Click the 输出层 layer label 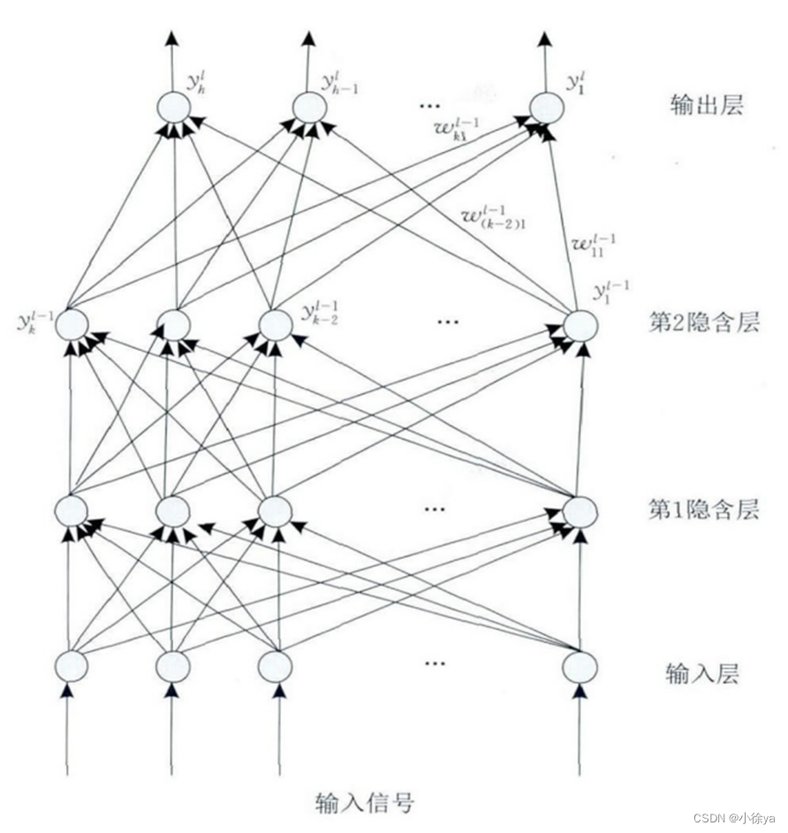pyautogui.click(x=707, y=105)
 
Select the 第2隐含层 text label pyautogui.click(x=704, y=322)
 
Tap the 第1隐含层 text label pyautogui.click(x=704, y=509)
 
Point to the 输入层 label pyautogui.click(x=701, y=674)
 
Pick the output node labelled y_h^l pyautogui.click(x=174, y=108)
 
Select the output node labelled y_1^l pyautogui.click(x=546, y=108)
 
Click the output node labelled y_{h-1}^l pyautogui.click(x=309, y=108)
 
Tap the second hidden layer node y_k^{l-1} pyautogui.click(x=72, y=324)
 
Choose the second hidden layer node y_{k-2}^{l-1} pyautogui.click(x=275, y=324)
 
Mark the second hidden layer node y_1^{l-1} pyautogui.click(x=580, y=324)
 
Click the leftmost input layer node pyautogui.click(x=72, y=665)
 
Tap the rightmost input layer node pyautogui.click(x=580, y=665)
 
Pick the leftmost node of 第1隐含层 pyautogui.click(x=72, y=510)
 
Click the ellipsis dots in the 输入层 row pyautogui.click(x=434, y=663)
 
